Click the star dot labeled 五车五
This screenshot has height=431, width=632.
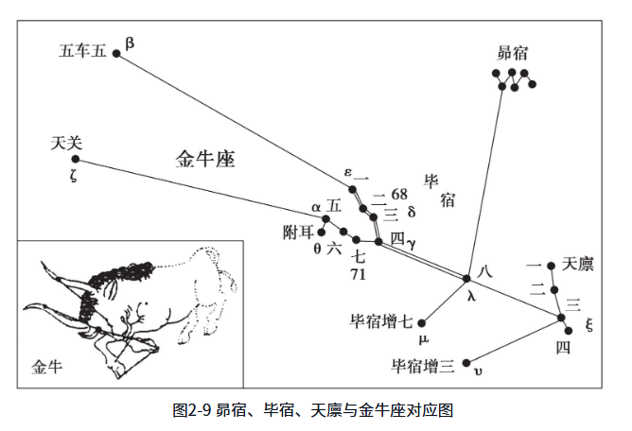point(116,53)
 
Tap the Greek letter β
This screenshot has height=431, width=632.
point(130,43)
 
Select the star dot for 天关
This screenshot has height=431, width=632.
point(76,159)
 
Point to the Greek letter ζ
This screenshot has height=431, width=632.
point(73,176)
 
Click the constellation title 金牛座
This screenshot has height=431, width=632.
point(205,158)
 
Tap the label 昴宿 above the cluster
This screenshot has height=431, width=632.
point(512,53)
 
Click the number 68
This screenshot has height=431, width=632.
point(399,194)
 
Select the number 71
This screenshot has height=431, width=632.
point(358,274)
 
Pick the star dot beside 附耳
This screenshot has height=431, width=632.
point(322,233)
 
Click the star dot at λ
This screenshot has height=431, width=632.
point(466,278)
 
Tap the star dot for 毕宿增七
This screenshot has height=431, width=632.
point(422,323)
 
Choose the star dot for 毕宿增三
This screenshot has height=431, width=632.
point(466,363)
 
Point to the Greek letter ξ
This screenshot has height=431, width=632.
point(589,324)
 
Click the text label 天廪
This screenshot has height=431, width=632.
point(577,265)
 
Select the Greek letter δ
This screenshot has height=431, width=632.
point(412,212)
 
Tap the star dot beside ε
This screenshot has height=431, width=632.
point(352,189)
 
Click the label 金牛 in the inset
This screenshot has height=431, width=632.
point(47,367)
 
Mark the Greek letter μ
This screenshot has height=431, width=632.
point(423,339)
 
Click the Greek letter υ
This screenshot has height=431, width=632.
point(479,371)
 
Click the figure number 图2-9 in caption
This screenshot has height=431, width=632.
point(192,410)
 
